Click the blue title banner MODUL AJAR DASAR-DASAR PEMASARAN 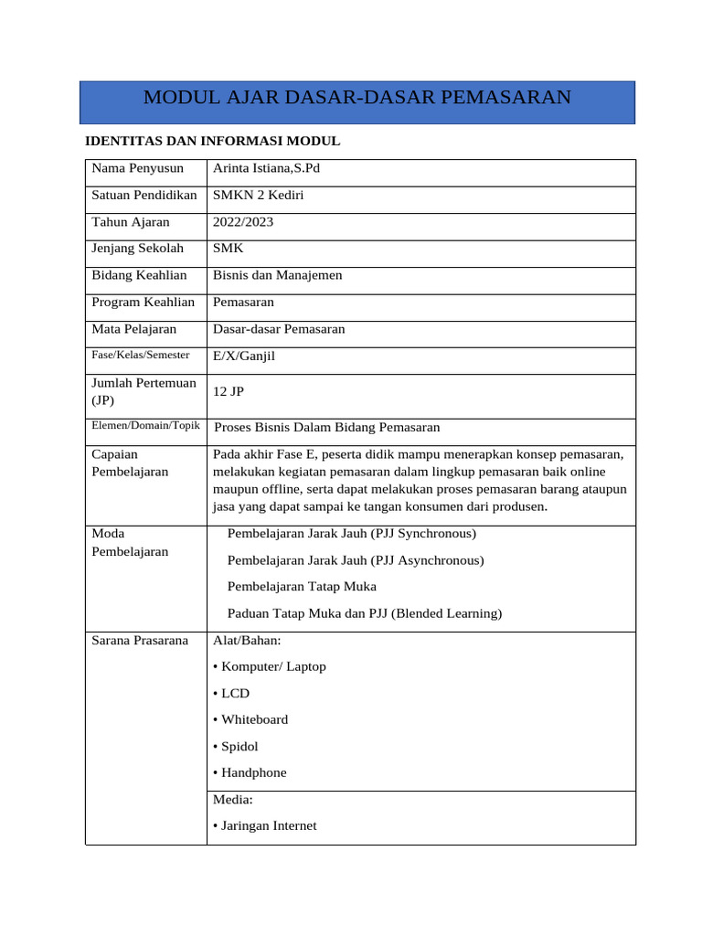(x=356, y=98)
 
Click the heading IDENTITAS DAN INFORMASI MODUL (x=212, y=142)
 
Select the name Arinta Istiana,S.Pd (x=266, y=169)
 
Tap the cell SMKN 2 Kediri (x=258, y=196)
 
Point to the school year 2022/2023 (x=242, y=222)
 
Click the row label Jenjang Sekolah (x=137, y=249)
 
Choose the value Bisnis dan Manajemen (x=277, y=275)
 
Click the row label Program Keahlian (x=144, y=302)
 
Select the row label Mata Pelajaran (x=134, y=329)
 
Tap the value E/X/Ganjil (x=243, y=356)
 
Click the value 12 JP (x=228, y=391)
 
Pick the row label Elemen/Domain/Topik (x=145, y=426)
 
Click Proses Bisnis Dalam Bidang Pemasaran (x=326, y=427)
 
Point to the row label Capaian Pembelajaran (x=130, y=463)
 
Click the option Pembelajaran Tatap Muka (x=302, y=587)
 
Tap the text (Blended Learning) (x=447, y=614)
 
